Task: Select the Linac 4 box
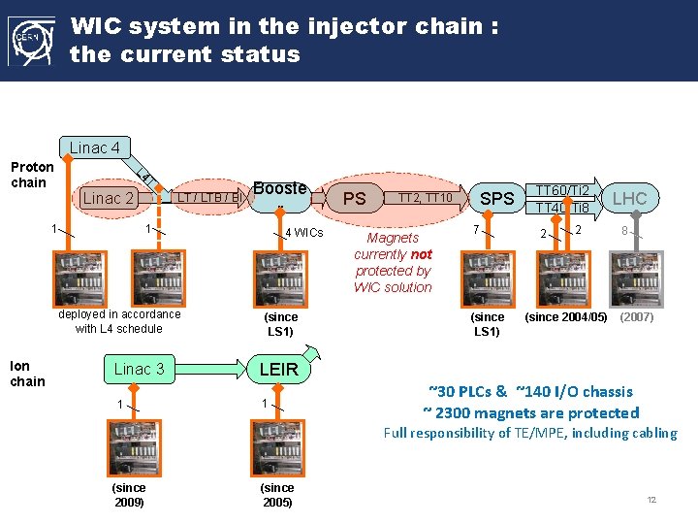(95, 147)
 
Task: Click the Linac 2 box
(108, 198)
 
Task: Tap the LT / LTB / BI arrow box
(206, 198)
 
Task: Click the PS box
(355, 198)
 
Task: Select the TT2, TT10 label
(424, 198)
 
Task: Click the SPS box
(497, 198)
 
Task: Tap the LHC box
(629, 198)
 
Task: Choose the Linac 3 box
(140, 369)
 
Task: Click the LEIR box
(278, 369)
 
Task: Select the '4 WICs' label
(304, 233)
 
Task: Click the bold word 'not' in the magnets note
(420, 254)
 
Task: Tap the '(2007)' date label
(637, 317)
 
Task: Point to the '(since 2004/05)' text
(566, 317)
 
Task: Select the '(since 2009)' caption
(129, 495)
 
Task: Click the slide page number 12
(651, 500)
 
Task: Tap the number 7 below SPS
(475, 230)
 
